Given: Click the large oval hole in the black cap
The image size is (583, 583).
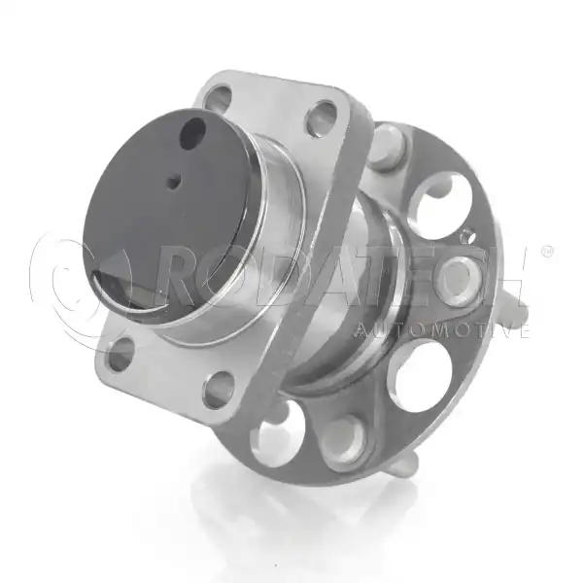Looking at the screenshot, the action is (192, 135).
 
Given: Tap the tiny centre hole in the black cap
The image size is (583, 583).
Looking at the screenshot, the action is (173, 183).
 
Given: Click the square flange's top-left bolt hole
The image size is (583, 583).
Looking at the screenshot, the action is (220, 97).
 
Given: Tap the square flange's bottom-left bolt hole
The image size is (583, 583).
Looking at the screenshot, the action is (121, 354).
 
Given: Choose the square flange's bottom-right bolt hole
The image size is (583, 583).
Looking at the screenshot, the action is (220, 389).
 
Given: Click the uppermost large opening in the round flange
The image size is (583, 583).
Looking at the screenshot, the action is (439, 206).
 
